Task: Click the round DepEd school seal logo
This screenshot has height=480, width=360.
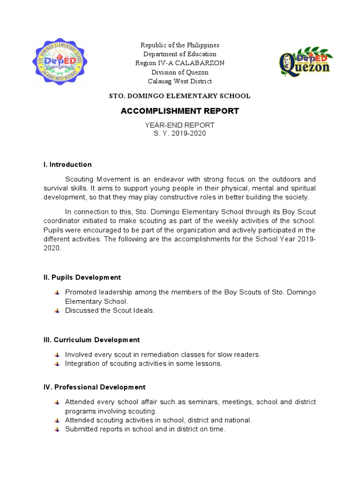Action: point(59,64)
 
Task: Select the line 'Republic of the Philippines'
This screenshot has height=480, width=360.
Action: point(180,45)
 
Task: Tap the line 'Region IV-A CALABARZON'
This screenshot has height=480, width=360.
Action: point(180,63)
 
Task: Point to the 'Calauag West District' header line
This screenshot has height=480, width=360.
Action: point(180,81)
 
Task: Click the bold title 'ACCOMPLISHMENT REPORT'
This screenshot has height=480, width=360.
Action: point(180,111)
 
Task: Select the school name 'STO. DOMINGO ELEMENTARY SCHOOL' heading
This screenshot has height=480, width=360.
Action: point(180,96)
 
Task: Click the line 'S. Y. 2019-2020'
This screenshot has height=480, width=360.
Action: point(180,134)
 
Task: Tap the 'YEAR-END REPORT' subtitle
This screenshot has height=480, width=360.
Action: point(180,125)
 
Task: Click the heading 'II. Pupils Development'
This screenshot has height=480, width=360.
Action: point(82,277)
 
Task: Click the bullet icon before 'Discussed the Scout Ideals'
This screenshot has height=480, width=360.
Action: point(57,311)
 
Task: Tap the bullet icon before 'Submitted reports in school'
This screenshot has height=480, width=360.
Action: point(57,429)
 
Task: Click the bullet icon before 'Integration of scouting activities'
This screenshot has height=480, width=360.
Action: point(57,364)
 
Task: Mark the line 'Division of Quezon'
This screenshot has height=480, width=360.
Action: point(180,72)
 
